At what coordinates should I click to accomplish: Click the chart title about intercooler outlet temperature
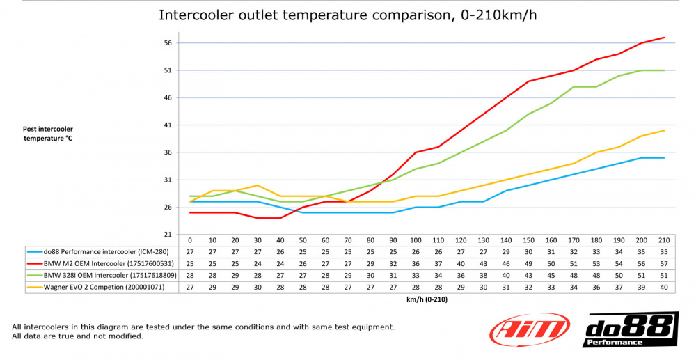[x=348, y=15]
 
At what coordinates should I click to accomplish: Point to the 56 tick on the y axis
[x=167, y=43]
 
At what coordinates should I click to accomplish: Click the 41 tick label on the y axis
[x=167, y=125]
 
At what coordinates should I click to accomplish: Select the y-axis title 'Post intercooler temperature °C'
[x=47, y=134]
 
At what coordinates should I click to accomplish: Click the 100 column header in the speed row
[x=416, y=240]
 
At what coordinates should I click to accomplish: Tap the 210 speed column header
[x=664, y=240]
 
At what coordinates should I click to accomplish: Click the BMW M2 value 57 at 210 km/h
[x=664, y=263]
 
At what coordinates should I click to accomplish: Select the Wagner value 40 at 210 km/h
[x=664, y=287]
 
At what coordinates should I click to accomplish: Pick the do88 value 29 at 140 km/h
[x=506, y=251]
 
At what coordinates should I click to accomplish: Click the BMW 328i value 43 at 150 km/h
[x=528, y=275]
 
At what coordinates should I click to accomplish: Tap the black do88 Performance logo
[x=631, y=329]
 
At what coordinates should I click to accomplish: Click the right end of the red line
[x=664, y=38]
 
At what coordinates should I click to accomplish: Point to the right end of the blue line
[x=664, y=158]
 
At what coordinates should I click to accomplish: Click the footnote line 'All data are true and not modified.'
[x=77, y=336]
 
